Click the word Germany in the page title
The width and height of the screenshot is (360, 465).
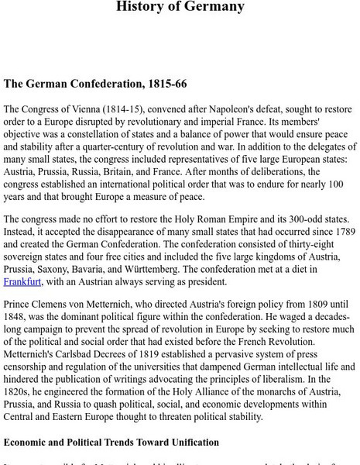coord(215,7)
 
